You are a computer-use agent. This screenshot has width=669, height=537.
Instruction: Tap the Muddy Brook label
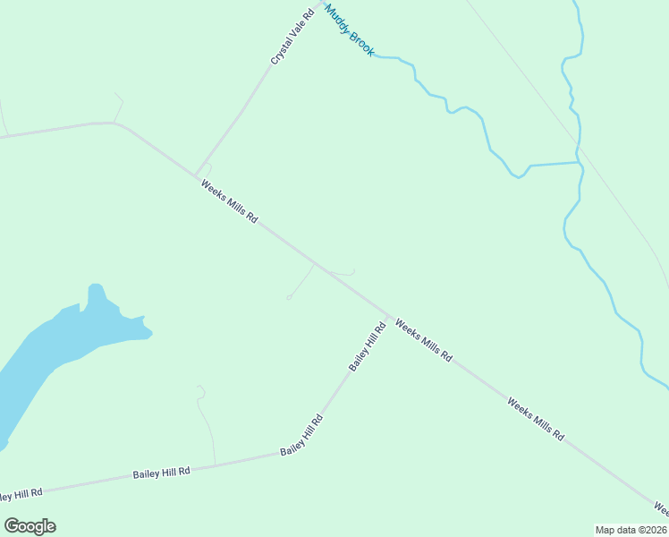point(349,30)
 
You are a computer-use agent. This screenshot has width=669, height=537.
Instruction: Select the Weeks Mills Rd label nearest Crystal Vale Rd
point(230,202)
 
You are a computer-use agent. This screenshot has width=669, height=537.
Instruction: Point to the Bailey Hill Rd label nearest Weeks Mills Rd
point(367,347)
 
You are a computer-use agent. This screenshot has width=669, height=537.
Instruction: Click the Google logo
point(30,526)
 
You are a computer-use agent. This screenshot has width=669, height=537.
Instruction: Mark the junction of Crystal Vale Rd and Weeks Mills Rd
point(196,175)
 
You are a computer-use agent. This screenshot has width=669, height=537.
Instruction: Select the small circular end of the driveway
point(288,297)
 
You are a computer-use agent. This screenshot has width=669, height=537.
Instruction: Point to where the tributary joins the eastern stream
point(579,163)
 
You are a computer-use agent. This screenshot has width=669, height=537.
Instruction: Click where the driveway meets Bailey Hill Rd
point(215,465)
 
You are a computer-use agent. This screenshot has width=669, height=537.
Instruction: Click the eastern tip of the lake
point(151,336)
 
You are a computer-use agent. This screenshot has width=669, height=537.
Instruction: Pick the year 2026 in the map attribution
point(652,530)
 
